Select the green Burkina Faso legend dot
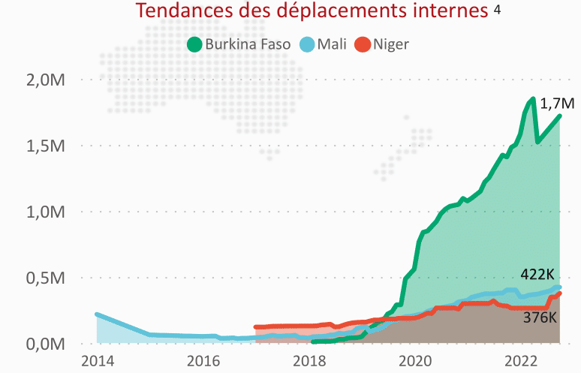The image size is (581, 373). [x=194, y=44]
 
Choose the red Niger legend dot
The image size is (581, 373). [x=362, y=44]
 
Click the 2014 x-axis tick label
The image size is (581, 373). [x=97, y=359]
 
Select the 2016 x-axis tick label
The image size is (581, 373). [x=203, y=359]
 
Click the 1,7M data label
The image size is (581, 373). [x=557, y=104]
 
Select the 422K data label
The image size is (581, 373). [x=537, y=275]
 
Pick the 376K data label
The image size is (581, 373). [x=539, y=317]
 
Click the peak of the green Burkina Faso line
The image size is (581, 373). [x=532, y=98]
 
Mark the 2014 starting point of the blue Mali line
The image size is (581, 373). [x=97, y=314]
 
